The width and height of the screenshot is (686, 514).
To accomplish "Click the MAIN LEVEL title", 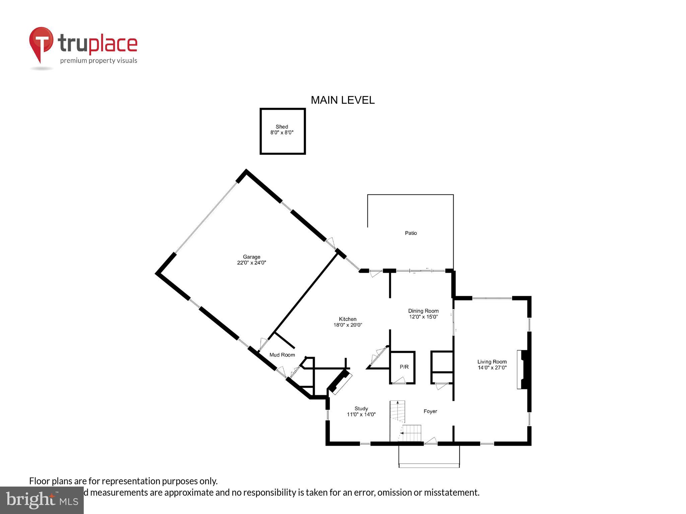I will [342, 100].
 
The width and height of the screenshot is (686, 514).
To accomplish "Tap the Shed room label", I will [282, 126].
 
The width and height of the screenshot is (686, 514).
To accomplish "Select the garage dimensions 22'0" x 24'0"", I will [251, 263].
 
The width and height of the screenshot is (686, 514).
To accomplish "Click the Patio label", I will [411, 233].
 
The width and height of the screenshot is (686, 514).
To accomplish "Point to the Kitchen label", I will [347, 319].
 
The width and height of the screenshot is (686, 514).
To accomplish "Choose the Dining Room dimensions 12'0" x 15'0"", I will [423, 317].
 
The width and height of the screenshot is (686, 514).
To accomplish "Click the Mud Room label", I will [282, 355].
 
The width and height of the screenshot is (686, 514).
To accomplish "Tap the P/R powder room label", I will [404, 367].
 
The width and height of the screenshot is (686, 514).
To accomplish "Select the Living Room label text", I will [492, 361].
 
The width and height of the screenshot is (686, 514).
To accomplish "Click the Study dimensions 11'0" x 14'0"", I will [361, 414].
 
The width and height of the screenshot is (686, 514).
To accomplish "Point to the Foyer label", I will [430, 411].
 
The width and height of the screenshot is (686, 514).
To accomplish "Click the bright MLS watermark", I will [42, 500].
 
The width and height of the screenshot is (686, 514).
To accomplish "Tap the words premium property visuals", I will [98, 61].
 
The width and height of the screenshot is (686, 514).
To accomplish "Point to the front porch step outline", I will [429, 465].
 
